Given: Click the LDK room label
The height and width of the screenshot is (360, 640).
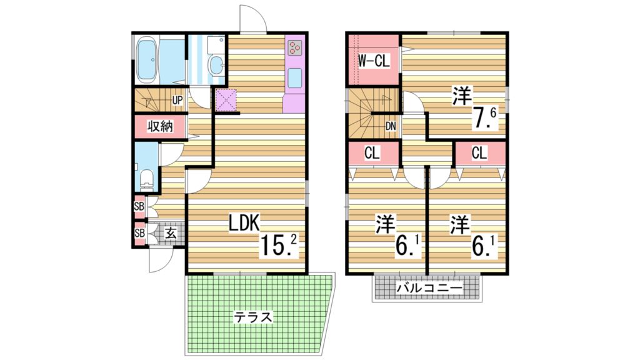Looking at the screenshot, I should pyautogui.click(x=243, y=222).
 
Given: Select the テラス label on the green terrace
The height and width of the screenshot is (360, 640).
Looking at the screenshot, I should pyautogui.click(x=254, y=317).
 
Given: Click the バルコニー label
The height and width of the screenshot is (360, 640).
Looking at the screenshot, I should pyautogui.click(x=429, y=289).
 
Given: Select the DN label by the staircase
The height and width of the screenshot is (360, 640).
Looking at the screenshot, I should pyautogui.click(x=391, y=126).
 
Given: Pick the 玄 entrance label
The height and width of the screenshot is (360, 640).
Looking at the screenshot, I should pyautogui.click(x=169, y=234).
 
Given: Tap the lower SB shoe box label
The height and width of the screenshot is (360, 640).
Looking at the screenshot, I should pyautogui.click(x=139, y=233).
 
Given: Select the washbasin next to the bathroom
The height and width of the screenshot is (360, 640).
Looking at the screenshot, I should pyautogui.click(x=216, y=64).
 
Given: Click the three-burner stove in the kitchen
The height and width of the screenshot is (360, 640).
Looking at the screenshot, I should pyautogui.click(x=294, y=47).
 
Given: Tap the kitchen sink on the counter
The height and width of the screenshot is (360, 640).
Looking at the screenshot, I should pyautogui.click(x=294, y=78).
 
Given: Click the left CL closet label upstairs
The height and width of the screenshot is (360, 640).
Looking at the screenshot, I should pyautogui.click(x=372, y=154).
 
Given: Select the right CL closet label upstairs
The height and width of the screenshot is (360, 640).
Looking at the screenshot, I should pyautogui.click(x=479, y=154).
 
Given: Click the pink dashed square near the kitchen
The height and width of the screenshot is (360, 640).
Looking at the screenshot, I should pyautogui.click(x=226, y=100).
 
